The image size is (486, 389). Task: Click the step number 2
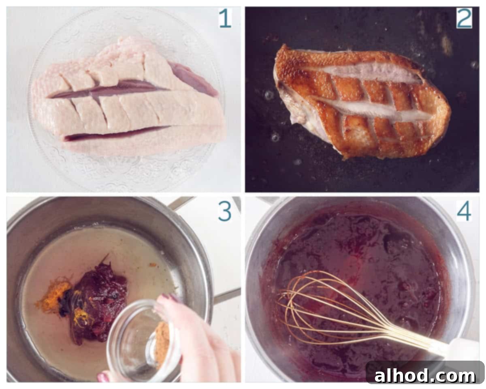(464, 18)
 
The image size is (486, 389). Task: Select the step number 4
(464, 212)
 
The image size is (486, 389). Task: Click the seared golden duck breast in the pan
(361, 102)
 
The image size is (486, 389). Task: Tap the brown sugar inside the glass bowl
(162, 341)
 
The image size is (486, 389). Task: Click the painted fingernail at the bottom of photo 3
(103, 377)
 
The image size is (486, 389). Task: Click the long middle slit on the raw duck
(109, 89)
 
